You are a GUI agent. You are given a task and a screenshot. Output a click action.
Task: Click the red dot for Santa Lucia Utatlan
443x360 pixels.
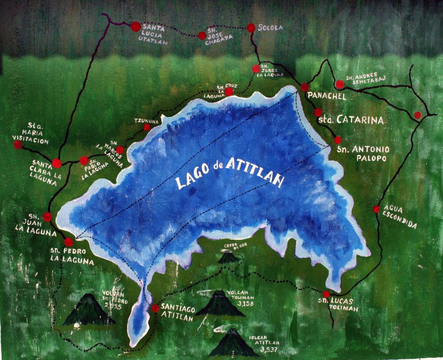135,26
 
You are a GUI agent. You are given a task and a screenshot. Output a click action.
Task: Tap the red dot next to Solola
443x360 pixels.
251,27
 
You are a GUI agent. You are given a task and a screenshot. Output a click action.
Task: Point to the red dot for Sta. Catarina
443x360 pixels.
318,112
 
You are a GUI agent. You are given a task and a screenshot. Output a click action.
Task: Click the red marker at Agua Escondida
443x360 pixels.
376,209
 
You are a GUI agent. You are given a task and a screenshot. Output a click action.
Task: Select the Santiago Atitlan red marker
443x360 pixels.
156,308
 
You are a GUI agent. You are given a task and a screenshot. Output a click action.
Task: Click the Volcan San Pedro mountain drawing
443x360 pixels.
89,310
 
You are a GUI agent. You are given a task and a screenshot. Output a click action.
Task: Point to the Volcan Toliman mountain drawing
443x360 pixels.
219,304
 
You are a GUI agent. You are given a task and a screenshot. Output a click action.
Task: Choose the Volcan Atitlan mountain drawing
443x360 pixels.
233,343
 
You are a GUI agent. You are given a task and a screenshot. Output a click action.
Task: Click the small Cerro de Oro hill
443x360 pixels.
229,258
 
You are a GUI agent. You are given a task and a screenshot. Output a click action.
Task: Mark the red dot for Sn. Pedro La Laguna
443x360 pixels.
69,242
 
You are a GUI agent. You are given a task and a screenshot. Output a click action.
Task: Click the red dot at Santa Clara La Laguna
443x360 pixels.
56,163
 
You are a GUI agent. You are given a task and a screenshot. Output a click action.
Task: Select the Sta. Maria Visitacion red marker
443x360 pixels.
18,145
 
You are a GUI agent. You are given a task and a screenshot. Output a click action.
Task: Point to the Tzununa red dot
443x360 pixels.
146,127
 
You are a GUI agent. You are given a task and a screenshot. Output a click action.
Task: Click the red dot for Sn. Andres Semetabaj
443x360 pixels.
339,85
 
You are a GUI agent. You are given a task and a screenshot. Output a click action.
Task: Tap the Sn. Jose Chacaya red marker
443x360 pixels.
202,36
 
